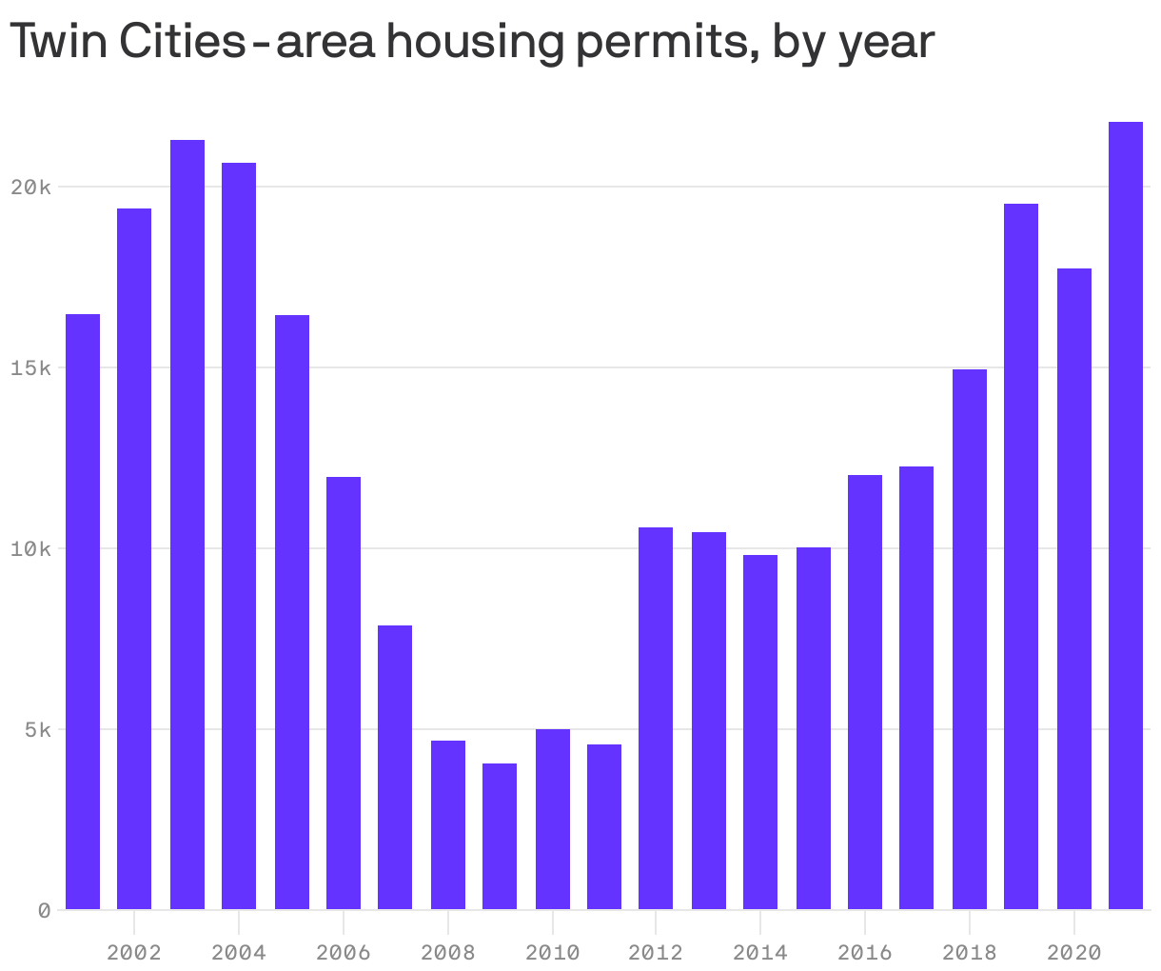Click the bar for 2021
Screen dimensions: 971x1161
[x=1125, y=515]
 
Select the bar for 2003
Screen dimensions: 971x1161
[x=187, y=525]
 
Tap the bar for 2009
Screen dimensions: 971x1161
[x=500, y=836]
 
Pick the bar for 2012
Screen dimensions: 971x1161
[x=656, y=718]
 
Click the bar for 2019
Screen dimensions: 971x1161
[x=1021, y=556]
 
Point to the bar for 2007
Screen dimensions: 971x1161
[x=395, y=766]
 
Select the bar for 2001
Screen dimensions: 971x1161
[x=83, y=611]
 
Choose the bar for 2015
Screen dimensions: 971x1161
[x=814, y=728]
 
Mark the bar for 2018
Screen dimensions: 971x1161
[x=970, y=639]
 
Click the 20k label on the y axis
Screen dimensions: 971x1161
[x=30, y=188]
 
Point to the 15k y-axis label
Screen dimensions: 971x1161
[x=30, y=368]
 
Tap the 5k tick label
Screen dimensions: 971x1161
[x=35, y=730]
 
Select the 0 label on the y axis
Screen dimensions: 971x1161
[x=44, y=911]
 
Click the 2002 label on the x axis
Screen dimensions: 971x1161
[x=134, y=952]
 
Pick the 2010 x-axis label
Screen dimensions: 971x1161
[x=552, y=952]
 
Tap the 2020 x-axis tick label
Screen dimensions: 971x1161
[x=1073, y=952]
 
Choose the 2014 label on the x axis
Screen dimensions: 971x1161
[x=760, y=952]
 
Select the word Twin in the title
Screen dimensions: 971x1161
[x=58, y=41]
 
